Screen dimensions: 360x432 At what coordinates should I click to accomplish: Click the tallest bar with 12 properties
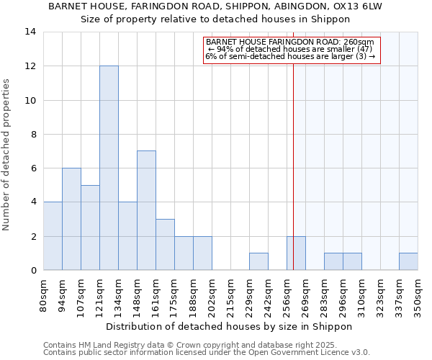[x=109, y=168]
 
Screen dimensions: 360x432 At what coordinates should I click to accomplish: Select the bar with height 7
[x=146, y=210]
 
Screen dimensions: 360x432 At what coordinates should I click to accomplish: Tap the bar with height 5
[x=90, y=228]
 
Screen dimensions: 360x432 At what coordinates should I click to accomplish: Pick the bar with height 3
[x=165, y=245]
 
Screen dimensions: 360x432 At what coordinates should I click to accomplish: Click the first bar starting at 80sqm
[x=53, y=236]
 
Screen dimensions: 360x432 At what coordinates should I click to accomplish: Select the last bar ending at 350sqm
[x=408, y=261]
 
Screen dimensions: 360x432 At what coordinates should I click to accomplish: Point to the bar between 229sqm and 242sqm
[x=258, y=261]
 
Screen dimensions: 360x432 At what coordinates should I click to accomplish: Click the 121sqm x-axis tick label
[x=100, y=296]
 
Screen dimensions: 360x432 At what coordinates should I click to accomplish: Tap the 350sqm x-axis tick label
[x=418, y=296]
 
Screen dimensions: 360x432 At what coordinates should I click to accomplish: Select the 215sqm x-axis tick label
[x=231, y=296]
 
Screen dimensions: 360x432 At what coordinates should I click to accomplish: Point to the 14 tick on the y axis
[x=31, y=32]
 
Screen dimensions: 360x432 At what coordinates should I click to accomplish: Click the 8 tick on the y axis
[x=33, y=134]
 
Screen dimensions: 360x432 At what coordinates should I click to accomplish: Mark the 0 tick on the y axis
[x=33, y=271]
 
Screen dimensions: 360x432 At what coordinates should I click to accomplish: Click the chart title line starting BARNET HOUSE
[x=215, y=6]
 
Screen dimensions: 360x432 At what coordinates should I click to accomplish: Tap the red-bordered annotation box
[x=291, y=50]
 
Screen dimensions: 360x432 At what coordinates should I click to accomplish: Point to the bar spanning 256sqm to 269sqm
[x=296, y=253]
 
